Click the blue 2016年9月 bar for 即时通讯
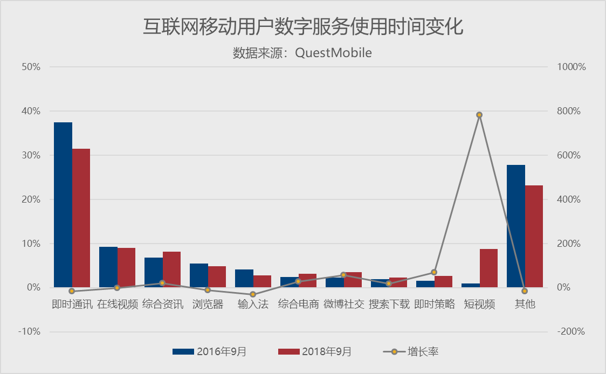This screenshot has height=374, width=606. (x=63, y=205)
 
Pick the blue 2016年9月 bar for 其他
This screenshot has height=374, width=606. (x=516, y=226)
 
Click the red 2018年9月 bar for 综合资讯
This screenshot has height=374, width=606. (x=171, y=269)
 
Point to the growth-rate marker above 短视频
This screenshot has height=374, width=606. (x=479, y=115)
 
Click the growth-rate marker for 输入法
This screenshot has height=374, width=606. (x=253, y=294)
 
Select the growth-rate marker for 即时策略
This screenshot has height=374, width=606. (x=434, y=272)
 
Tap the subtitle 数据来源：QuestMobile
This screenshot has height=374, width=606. (x=303, y=53)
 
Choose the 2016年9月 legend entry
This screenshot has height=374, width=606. (x=210, y=352)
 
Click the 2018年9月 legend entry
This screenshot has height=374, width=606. (x=315, y=352)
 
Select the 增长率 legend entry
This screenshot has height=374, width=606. (x=411, y=352)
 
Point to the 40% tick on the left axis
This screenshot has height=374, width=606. (x=31, y=111)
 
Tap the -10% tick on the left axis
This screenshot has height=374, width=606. (x=29, y=331)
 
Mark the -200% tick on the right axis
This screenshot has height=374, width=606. (x=572, y=331)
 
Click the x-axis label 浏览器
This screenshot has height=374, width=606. (x=208, y=304)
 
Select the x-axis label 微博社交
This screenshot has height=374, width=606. (x=343, y=304)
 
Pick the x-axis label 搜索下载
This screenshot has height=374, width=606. (x=389, y=304)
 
